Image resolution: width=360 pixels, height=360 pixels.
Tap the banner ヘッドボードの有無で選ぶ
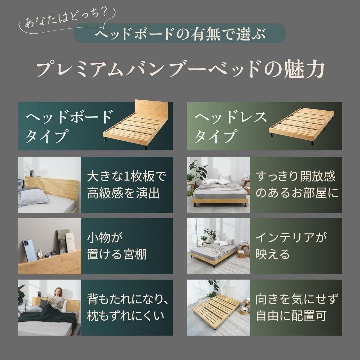pos(180,34)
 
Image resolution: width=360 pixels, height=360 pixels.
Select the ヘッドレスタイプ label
pos(230,126)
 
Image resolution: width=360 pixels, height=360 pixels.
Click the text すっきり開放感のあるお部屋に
pos(295,185)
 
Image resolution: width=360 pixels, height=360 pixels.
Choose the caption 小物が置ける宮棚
pos(116,246)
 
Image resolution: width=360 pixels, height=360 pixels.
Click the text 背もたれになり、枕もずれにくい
pos(127,307)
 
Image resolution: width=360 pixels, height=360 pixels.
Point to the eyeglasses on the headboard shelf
pos(51,254)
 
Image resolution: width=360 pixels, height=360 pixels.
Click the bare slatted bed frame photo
pos(217,308)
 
